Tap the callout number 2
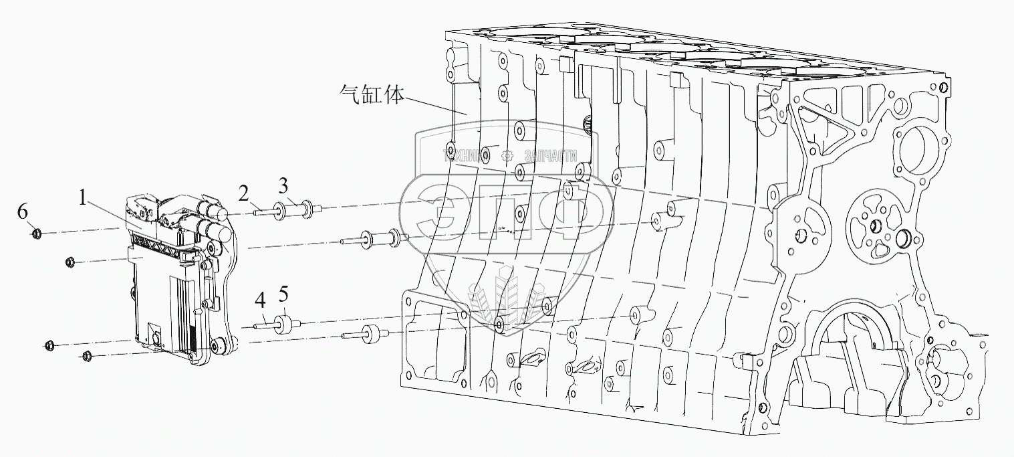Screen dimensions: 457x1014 [x=244, y=194]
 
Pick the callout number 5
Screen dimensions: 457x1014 [x=283, y=294]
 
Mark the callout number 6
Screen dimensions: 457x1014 [x=23, y=212]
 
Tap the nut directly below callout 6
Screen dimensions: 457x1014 [x=37, y=234]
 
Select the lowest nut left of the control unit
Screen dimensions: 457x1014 [x=86, y=355]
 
